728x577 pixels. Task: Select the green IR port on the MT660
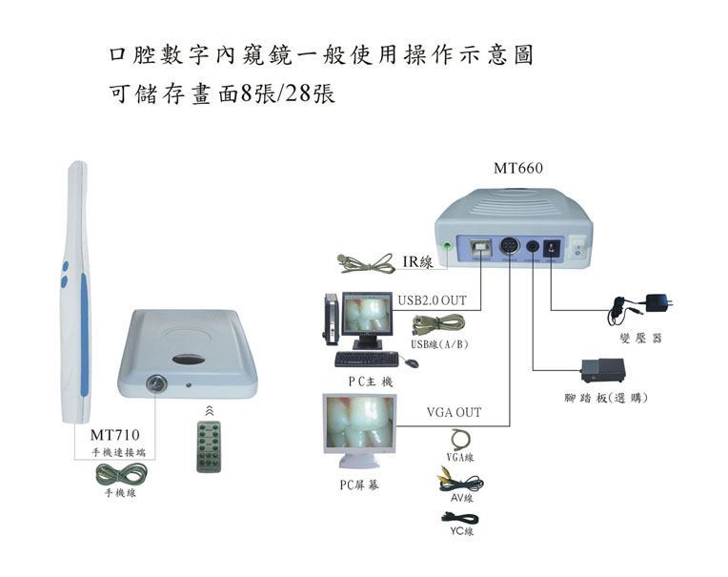(x=447, y=247)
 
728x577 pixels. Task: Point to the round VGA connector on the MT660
(x=512, y=248)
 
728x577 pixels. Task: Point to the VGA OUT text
(x=453, y=413)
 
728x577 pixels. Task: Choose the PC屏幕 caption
(x=358, y=485)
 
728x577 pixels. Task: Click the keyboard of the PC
(x=367, y=359)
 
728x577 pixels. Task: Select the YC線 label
(x=461, y=531)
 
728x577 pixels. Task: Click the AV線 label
(x=461, y=498)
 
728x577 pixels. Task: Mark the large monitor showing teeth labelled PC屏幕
(x=358, y=433)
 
